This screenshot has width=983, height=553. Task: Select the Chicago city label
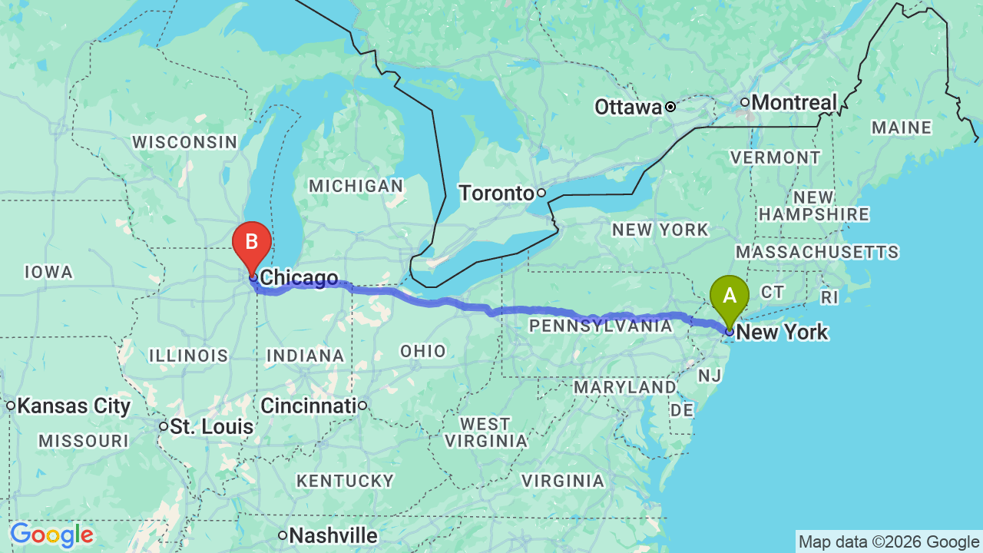[x=299, y=278]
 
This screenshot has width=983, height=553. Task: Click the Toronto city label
[x=496, y=193]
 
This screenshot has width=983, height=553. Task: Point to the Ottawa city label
[x=628, y=108]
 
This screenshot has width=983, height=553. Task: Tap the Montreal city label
[x=794, y=102]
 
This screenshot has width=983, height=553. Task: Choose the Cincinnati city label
[x=308, y=405]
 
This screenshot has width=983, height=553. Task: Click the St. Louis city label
[x=211, y=426]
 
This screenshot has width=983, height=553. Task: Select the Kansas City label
[x=74, y=406]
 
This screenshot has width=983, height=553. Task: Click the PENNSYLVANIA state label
[x=601, y=326]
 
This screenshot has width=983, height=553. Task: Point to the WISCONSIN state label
[x=184, y=142]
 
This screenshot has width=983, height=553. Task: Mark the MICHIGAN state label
[x=356, y=186]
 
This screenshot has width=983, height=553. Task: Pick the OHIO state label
[x=423, y=351]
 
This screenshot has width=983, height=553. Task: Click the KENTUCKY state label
[x=345, y=481]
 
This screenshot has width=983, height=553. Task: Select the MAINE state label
[x=902, y=128]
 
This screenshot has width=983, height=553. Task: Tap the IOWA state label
[x=48, y=272]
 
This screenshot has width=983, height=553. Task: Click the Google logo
[x=51, y=535]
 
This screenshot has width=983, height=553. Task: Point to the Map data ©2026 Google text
[x=889, y=542]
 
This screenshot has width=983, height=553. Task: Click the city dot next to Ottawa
[x=670, y=107]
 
